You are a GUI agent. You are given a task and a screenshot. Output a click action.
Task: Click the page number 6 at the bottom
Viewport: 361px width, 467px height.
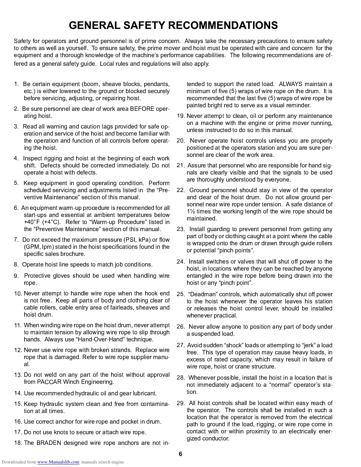click(180, 454)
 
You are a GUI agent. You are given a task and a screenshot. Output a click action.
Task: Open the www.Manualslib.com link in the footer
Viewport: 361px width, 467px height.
click(58, 462)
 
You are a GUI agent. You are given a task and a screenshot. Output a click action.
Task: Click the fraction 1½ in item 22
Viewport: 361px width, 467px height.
click(191, 211)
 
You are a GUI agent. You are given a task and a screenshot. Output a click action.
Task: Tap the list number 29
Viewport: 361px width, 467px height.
click(180, 403)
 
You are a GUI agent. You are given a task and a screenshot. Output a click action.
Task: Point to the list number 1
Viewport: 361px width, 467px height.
click(16, 84)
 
